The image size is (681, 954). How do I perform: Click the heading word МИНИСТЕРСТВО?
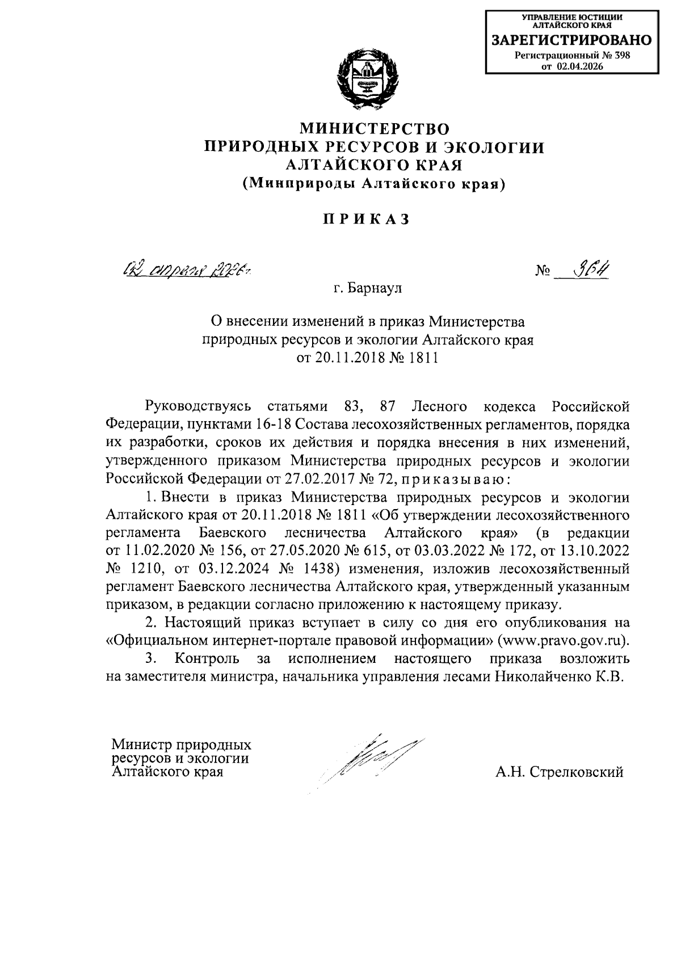[x=374, y=128]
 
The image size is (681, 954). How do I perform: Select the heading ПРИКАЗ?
[x=366, y=220]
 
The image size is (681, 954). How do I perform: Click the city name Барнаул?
[x=376, y=288]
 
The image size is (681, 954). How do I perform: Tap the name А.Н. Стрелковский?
[x=559, y=772]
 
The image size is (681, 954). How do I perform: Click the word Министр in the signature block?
[x=142, y=743]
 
